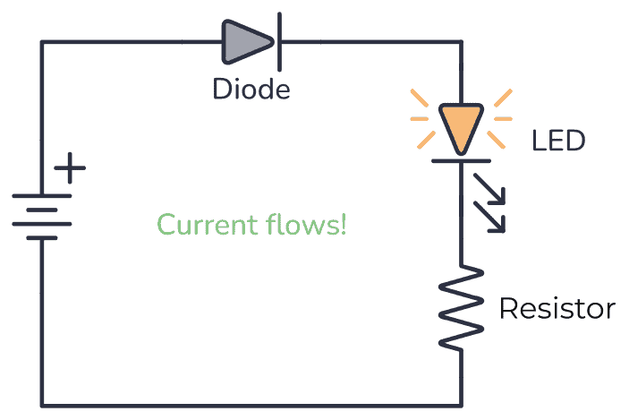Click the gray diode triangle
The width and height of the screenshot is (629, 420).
tap(243, 41)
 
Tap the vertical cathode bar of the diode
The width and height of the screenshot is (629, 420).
tap(280, 41)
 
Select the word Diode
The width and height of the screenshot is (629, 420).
tap(251, 90)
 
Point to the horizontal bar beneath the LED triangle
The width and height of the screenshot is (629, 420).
tap(461, 160)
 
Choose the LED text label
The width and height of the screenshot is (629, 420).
tap(558, 141)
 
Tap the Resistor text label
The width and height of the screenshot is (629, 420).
tap(557, 309)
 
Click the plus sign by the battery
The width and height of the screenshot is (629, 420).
tap(70, 168)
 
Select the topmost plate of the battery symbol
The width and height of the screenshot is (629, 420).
tap(41, 195)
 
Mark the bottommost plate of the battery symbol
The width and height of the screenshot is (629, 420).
tap(41, 238)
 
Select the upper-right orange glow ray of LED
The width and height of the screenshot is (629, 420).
tap(502, 96)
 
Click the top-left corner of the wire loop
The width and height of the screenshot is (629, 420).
tap(41, 41)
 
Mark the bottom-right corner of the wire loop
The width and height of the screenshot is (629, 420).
tap(461, 405)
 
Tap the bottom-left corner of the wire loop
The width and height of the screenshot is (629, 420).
tap(41, 405)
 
